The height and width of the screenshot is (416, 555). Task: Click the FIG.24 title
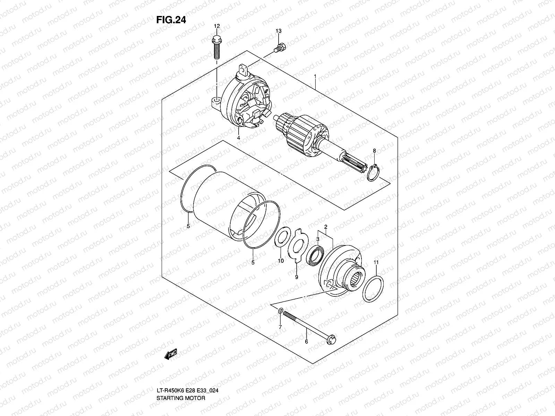[171, 20]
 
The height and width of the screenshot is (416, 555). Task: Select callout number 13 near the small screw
[279, 31]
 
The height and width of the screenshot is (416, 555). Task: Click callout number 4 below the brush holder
[239, 138]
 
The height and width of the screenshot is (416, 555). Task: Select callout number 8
[374, 150]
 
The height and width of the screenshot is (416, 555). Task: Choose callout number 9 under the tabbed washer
[296, 277]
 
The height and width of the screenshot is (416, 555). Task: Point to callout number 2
[326, 227]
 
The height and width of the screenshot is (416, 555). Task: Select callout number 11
[376, 262]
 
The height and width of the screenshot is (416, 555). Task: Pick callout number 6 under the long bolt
[306, 341]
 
